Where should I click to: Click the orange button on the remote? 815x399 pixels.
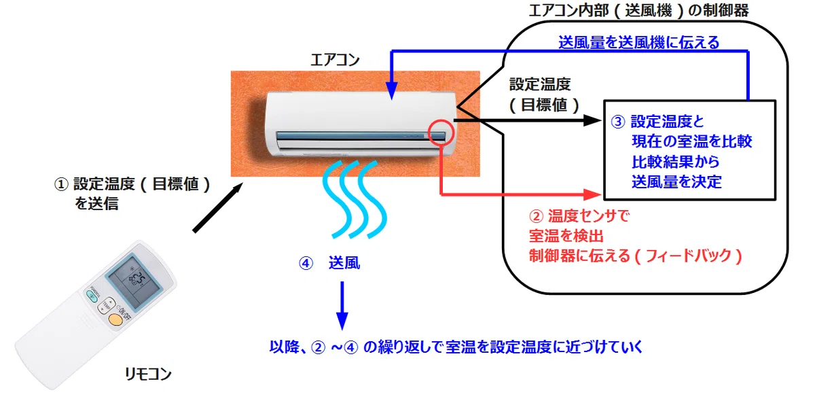tap(115, 319)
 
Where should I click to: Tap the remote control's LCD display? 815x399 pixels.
tap(134, 282)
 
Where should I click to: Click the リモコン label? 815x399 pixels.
tap(147, 374)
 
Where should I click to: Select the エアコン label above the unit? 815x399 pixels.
tap(335, 60)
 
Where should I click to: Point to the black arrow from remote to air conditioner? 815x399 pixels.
tap(217, 207)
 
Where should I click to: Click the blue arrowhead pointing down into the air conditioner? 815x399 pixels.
tap(391, 91)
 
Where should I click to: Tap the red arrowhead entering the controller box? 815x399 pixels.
tap(592, 194)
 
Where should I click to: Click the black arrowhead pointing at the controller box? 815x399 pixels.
tap(592, 120)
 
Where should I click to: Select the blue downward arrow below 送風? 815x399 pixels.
tap(342, 306)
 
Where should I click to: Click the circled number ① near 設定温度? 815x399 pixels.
tap(61, 184)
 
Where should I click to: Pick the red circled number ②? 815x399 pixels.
tap(536, 216)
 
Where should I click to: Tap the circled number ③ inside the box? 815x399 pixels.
tap(618, 122)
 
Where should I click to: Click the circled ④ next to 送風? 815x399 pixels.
tap(306, 263)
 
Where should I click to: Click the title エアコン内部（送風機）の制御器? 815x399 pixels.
tap(638, 11)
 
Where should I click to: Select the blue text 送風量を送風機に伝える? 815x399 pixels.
tap(639, 43)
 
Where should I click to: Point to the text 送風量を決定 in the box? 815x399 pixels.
tap(676, 181)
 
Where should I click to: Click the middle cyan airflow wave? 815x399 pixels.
tap(354, 200)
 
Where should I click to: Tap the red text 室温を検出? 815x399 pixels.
tap(566, 236)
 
